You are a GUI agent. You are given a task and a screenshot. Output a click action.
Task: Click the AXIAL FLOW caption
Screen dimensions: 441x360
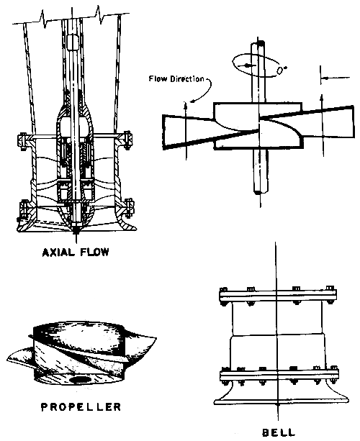click(x=75, y=253)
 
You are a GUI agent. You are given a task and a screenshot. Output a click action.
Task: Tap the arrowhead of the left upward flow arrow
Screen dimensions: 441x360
click(x=186, y=106)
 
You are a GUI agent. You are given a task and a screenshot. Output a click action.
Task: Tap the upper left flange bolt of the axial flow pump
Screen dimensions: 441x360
click(x=22, y=137)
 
